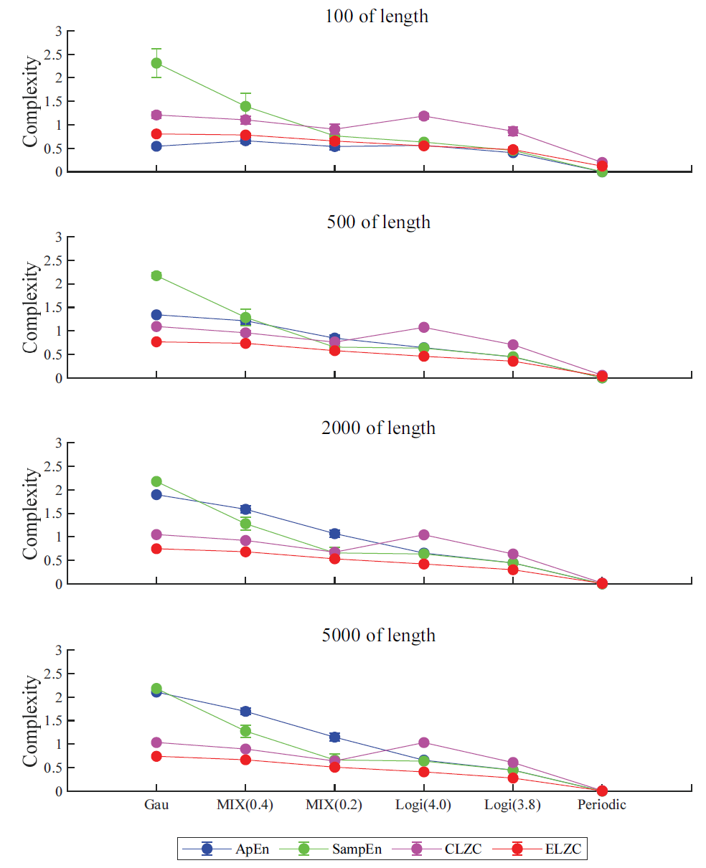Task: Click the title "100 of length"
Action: point(377,16)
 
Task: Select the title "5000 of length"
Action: point(379,635)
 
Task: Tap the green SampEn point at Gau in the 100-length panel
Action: point(156,63)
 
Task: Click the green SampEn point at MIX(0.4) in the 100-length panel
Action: point(245,106)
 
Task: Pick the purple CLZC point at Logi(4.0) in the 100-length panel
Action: point(423,115)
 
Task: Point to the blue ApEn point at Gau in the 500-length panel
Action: point(156,315)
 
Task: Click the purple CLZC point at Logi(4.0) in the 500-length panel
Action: point(423,327)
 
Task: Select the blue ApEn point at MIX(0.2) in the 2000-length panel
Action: point(334,534)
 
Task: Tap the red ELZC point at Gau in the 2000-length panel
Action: point(156,549)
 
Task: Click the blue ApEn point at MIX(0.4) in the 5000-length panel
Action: point(245,712)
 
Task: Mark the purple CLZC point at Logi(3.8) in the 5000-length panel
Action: point(513,763)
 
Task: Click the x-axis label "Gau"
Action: point(156,805)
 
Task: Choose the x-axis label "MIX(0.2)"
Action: point(334,805)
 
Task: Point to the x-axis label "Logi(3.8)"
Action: point(512,805)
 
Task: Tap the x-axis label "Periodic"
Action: point(602,805)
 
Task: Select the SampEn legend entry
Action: point(334,849)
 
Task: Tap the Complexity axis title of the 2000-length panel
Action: point(30,514)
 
